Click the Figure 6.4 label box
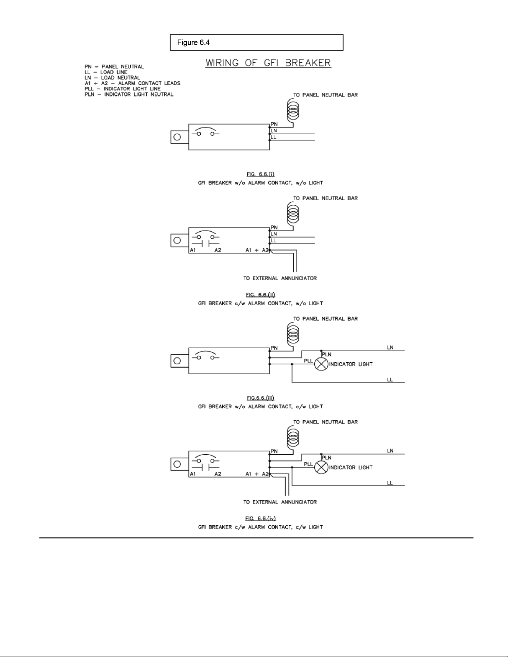[256, 43]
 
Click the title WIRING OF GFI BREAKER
[268, 63]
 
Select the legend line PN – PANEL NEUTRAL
[114, 66]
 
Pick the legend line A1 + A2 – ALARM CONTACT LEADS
[132, 83]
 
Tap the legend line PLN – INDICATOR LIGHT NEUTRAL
[129, 94]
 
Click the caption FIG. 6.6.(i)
[260, 174]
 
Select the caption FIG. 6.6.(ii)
[260, 295]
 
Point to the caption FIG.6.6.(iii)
[260, 398]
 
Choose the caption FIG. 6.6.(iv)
[260, 518]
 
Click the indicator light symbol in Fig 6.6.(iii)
[321, 364]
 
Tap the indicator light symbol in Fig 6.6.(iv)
[321, 468]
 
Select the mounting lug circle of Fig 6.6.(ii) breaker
[177, 240]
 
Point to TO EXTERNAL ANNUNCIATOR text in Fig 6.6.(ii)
[280, 278]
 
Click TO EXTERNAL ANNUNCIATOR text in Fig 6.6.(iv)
[280, 502]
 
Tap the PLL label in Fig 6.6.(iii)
[309, 361]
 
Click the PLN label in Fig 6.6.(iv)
[327, 458]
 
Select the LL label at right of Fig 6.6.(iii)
[390, 380]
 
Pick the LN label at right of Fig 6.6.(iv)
[390, 451]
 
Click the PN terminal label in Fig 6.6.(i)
[274, 124]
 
